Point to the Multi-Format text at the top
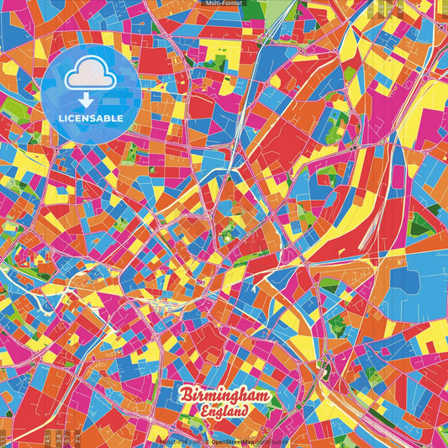pos(224,3)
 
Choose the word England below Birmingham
pos(224,412)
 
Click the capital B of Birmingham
pos(184,395)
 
